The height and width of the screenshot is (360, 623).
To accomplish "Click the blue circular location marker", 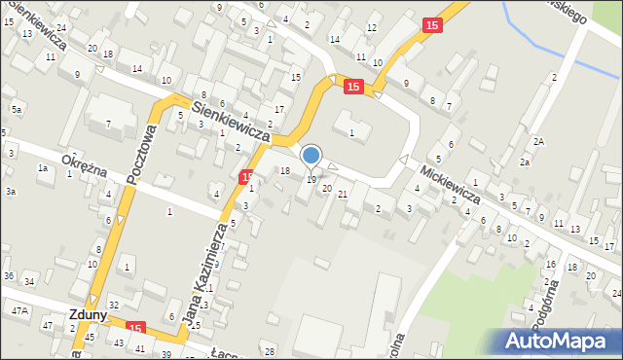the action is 311,155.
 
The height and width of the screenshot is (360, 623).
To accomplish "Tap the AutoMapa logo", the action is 556,341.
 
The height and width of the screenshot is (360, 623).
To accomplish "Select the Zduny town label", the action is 88,314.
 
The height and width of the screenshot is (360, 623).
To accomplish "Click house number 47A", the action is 18,310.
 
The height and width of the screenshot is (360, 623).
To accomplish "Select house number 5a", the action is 17,110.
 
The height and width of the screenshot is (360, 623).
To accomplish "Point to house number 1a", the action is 42,168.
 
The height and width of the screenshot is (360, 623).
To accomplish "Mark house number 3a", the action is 10,192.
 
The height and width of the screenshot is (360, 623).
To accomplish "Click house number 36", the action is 8,276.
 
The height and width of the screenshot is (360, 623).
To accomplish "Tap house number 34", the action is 29,282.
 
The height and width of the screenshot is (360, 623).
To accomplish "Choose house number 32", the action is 113,306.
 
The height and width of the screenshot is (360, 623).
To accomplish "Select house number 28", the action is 271,350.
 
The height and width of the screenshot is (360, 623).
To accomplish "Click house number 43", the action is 119,343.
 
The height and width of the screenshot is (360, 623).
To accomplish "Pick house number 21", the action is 343,195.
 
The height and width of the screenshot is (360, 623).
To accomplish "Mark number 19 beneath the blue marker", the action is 311,179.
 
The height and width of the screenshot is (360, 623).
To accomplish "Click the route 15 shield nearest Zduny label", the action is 134,328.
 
